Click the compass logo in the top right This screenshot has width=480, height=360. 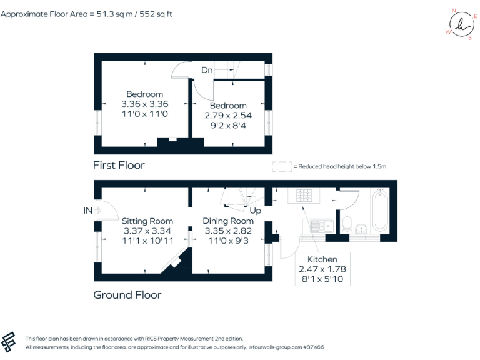(461, 25)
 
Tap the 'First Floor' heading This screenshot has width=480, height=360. (119, 165)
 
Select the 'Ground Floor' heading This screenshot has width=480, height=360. (127, 295)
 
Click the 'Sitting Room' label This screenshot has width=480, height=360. (147, 221)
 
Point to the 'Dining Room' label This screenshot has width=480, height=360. (228, 221)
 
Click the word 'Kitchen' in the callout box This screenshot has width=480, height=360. (322, 259)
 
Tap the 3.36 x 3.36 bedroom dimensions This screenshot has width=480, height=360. (144, 104)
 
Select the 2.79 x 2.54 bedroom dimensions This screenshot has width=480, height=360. (228, 116)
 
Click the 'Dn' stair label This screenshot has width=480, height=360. (207, 71)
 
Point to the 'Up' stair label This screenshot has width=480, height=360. (255, 211)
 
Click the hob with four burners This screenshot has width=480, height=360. (304, 196)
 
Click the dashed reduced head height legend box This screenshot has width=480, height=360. (282, 166)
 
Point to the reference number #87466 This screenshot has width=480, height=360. (311, 347)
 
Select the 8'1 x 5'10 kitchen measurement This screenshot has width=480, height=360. (322, 279)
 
